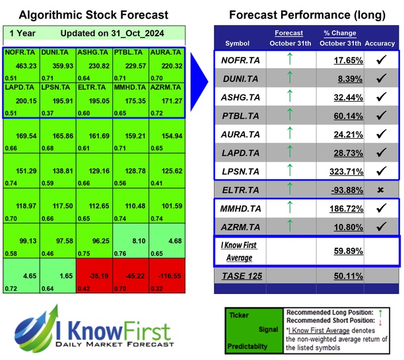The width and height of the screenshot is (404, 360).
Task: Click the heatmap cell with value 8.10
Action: click(131, 241)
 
